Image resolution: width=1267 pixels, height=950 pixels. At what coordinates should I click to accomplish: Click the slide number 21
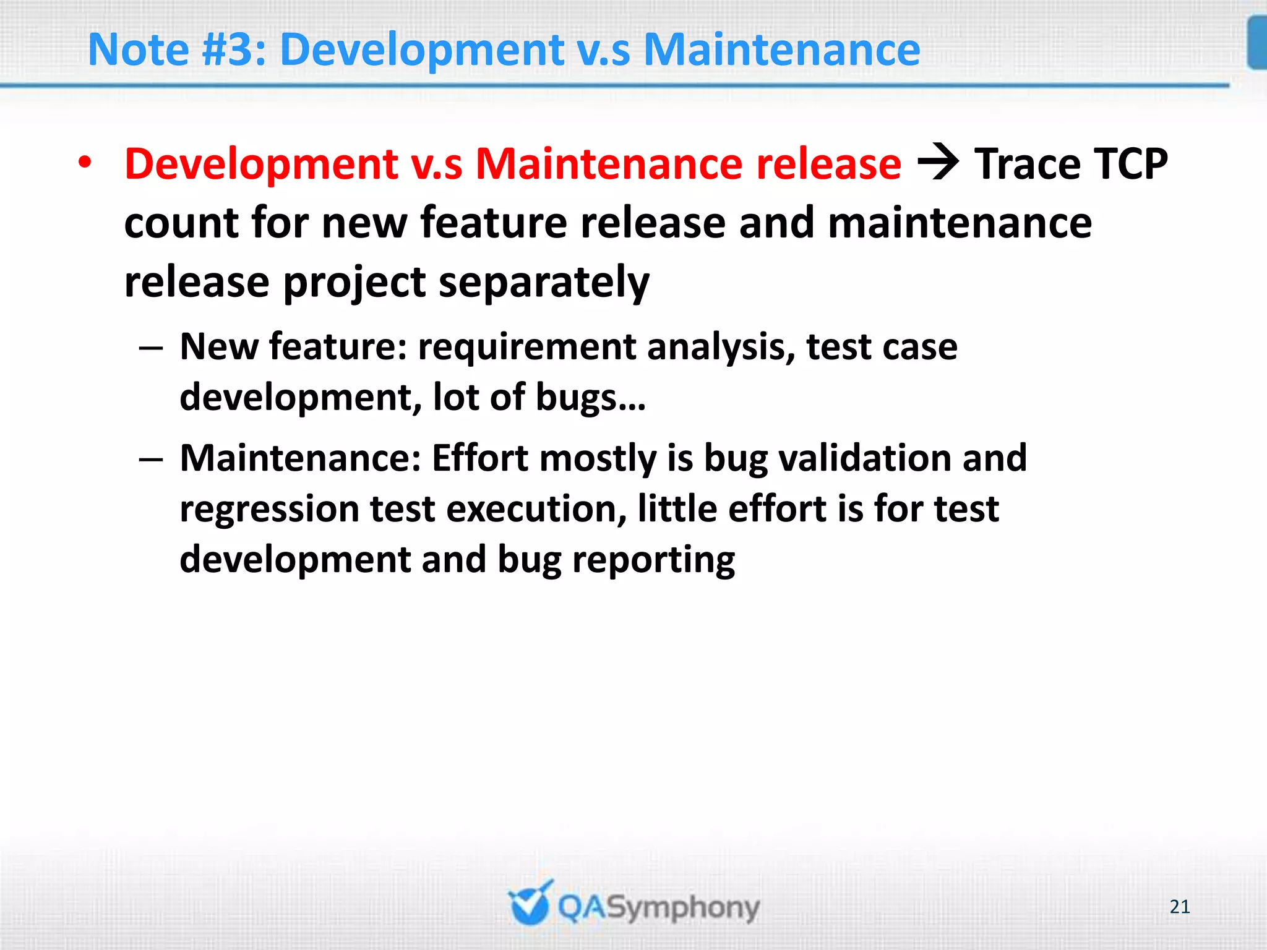point(1180,907)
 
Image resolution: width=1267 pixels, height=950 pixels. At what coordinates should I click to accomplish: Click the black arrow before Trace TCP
point(937,163)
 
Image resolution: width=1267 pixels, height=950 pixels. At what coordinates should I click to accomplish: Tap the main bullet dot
point(85,163)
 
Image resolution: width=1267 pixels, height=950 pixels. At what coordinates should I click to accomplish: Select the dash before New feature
point(151,348)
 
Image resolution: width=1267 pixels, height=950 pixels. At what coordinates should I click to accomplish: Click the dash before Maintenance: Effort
point(151,460)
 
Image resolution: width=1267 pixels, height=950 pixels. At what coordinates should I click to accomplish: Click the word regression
point(269,510)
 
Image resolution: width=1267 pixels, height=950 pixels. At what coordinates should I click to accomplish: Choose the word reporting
point(653,560)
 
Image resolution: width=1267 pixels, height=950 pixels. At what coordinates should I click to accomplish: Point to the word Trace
point(1028,165)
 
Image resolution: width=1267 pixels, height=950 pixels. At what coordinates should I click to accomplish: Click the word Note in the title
point(139,49)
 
